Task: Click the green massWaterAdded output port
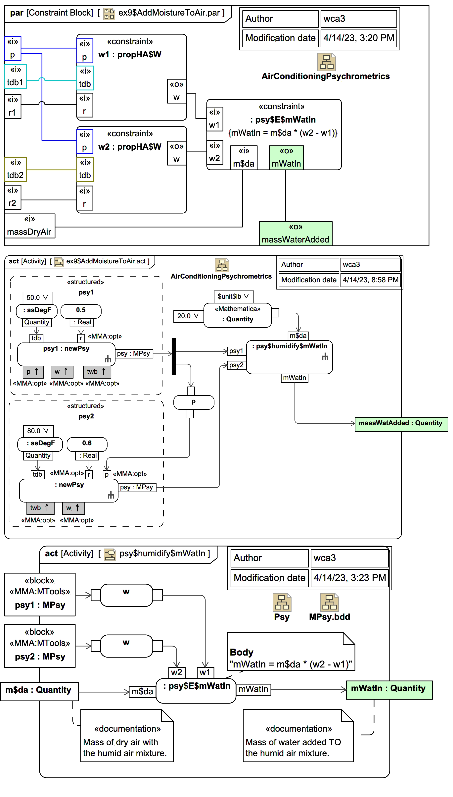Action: pos(295,234)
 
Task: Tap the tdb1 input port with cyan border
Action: pos(15,77)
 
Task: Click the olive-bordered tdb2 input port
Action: pos(15,169)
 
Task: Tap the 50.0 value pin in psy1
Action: pos(38,298)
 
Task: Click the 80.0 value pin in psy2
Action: pos(38,431)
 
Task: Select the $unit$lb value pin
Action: pos(233,296)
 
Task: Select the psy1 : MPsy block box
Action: pos(40,594)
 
